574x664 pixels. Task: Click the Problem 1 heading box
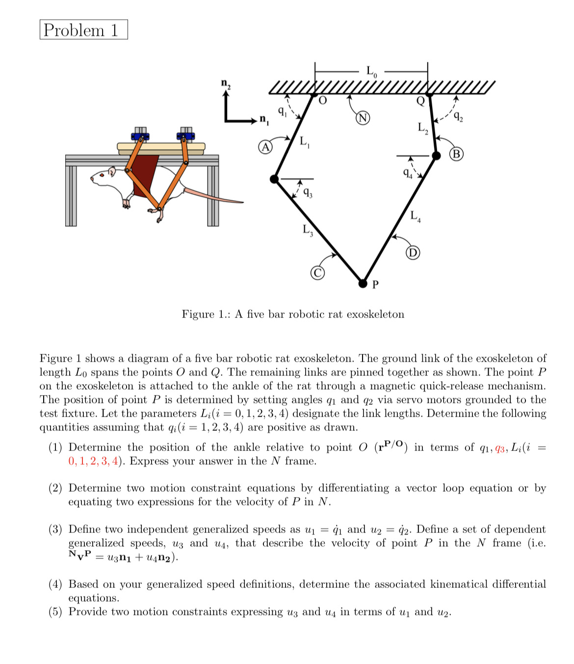[83, 30]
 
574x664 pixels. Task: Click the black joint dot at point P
[363, 283]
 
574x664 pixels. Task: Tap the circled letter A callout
[265, 147]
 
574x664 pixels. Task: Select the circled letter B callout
[456, 154]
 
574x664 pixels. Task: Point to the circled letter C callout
[318, 273]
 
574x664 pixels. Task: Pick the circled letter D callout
[413, 253]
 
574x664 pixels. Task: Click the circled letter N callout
[363, 118]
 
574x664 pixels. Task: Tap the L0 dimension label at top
[372, 72]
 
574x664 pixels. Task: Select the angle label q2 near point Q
[457, 117]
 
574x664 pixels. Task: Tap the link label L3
[308, 229]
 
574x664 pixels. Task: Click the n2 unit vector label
[226, 83]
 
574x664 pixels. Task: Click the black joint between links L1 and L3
[275, 179]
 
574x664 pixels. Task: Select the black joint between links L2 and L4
[436, 156]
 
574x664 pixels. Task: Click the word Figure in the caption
[198, 314]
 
